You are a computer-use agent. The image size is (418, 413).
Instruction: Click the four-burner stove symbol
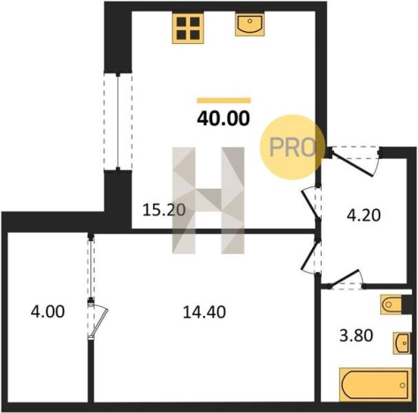click(x=188, y=28)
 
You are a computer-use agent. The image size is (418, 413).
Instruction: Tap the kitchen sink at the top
click(x=249, y=24)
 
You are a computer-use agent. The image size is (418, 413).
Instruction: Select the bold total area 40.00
click(x=224, y=118)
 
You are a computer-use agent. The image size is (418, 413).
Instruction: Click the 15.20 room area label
click(x=163, y=210)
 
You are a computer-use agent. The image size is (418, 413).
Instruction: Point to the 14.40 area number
click(x=204, y=312)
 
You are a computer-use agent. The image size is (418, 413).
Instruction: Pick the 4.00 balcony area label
click(x=48, y=312)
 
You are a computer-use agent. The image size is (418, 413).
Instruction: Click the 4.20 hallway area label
click(x=364, y=215)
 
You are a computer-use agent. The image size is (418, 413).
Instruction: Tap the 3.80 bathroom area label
click(x=356, y=335)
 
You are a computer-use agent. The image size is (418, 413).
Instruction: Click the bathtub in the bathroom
click(x=376, y=385)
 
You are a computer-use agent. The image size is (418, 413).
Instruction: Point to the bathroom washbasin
click(x=402, y=343)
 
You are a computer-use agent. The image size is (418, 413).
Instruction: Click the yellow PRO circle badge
click(x=291, y=147)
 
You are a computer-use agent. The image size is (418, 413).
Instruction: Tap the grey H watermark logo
click(x=209, y=200)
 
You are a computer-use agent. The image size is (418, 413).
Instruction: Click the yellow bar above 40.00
click(x=224, y=101)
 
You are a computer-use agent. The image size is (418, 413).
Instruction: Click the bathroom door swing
click(x=346, y=279)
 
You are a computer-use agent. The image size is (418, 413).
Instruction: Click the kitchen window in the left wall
click(x=118, y=122)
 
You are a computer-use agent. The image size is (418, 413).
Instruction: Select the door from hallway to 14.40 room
click(x=311, y=256)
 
